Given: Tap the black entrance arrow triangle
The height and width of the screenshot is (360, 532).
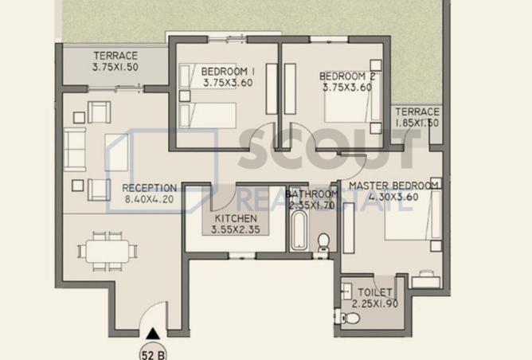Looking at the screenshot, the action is point(153,334).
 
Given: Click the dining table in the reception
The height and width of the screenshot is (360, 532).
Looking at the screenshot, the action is point(108,252).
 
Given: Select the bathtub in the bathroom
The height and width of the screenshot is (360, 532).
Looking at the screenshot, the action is point(299,230).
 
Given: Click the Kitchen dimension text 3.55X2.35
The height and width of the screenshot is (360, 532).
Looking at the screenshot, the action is point(236,229).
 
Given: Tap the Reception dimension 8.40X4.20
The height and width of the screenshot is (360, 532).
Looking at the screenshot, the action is point(149,199).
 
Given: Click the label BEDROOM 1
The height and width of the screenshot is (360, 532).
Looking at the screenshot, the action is point(228,72).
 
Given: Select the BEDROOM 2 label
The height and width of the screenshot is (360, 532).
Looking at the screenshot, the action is point(347,76).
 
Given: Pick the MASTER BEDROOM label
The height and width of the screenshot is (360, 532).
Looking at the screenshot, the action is point(393,186).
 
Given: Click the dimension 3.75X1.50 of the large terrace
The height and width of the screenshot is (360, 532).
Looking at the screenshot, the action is point(115,67).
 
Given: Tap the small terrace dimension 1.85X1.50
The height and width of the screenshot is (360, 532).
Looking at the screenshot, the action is point(417,123).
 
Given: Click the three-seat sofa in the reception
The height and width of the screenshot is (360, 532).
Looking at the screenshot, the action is point(75,149).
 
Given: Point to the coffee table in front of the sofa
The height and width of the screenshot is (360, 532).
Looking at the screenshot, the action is point(116,153).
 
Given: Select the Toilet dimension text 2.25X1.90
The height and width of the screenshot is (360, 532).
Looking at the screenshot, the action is point(375,303).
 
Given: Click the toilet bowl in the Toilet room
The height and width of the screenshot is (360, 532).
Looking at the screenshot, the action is point(351,318).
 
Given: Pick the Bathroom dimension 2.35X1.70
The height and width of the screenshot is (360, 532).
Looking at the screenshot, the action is point(311,205).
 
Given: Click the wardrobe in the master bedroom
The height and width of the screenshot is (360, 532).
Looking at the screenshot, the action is point(349,228).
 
